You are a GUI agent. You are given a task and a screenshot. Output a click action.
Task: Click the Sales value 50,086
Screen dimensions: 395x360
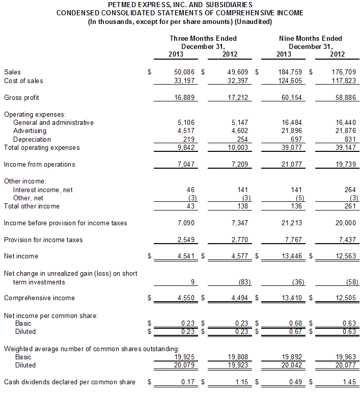(184, 72)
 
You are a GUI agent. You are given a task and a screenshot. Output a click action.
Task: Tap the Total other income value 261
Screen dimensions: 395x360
(350, 206)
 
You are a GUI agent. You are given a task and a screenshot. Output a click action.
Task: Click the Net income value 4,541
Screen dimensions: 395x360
(186, 256)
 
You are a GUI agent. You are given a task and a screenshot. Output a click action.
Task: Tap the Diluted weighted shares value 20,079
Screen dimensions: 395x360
(184, 365)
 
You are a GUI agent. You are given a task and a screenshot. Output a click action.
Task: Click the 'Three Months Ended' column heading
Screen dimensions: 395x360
(203, 39)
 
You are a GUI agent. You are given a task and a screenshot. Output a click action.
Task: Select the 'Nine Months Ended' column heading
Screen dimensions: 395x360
(311, 39)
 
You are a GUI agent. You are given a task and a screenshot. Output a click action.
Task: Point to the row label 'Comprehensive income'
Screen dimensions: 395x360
(39, 298)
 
